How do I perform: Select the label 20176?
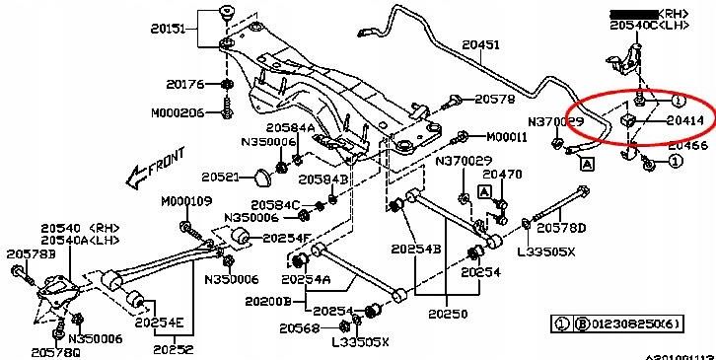click(x=184, y=84)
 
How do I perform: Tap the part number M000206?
click(x=178, y=112)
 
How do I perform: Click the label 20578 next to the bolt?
click(x=494, y=100)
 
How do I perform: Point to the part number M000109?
click(x=186, y=201)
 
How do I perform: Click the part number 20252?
click(x=174, y=349)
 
